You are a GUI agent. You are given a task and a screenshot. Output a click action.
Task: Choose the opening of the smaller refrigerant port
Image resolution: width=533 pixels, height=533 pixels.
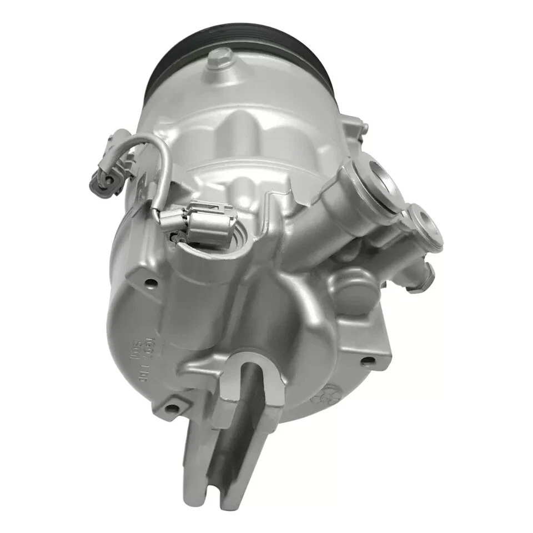pyautogui.click(x=429, y=228)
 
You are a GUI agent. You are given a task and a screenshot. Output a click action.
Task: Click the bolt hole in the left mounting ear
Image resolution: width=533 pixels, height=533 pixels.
pyautogui.click(x=148, y=281)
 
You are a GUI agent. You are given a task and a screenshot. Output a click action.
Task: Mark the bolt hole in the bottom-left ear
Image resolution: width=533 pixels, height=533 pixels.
pyautogui.click(x=173, y=409)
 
